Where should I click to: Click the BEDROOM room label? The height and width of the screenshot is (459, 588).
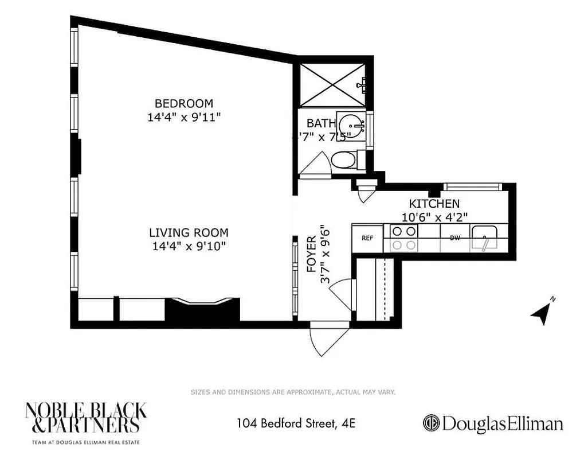tap(183, 104)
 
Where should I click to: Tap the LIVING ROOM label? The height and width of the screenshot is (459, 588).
tap(189, 233)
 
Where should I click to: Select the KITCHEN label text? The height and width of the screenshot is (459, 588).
tap(434, 204)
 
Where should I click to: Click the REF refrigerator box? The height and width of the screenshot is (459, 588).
tap(367, 238)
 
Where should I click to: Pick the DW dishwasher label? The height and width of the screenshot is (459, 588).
tap(454, 238)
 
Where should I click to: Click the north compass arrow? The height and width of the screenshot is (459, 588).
tap(542, 312)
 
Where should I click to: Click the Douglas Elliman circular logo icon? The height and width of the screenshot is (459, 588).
tap(431, 423)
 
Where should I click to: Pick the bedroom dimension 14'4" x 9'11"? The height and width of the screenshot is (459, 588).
tap(183, 117)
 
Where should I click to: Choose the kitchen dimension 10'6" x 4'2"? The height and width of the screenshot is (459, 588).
tap(434, 217)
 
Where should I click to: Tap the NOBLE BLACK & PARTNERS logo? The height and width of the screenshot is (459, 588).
tap(85, 418)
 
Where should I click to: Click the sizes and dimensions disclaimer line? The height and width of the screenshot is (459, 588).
tap(293, 392)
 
